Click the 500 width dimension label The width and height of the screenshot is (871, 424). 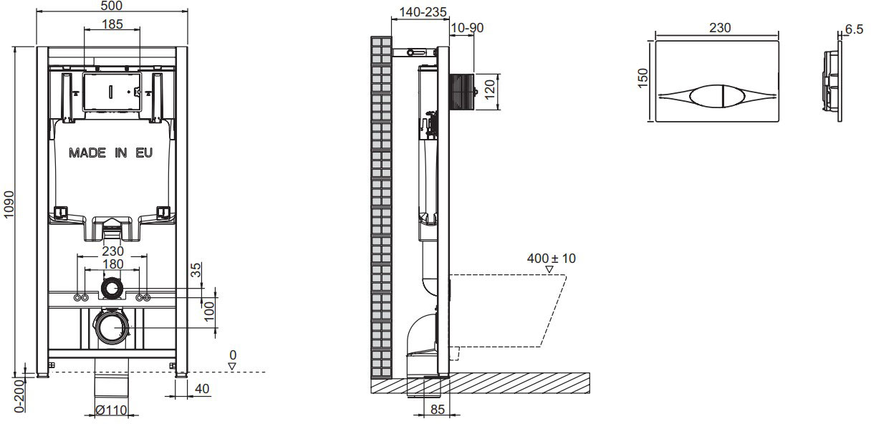click(112, 6)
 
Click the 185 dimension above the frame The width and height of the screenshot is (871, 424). click(112, 24)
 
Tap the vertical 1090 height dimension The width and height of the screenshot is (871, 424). click(9, 204)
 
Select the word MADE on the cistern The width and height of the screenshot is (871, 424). click(87, 153)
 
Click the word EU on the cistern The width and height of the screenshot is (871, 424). click(144, 153)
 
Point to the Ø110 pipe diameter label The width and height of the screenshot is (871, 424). click(111, 410)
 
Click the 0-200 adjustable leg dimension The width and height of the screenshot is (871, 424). click(19, 396)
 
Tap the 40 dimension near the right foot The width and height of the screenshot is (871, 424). click(202, 388)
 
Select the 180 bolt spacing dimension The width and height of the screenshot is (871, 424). click(112, 264)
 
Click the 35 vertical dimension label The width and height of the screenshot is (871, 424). click(196, 270)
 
